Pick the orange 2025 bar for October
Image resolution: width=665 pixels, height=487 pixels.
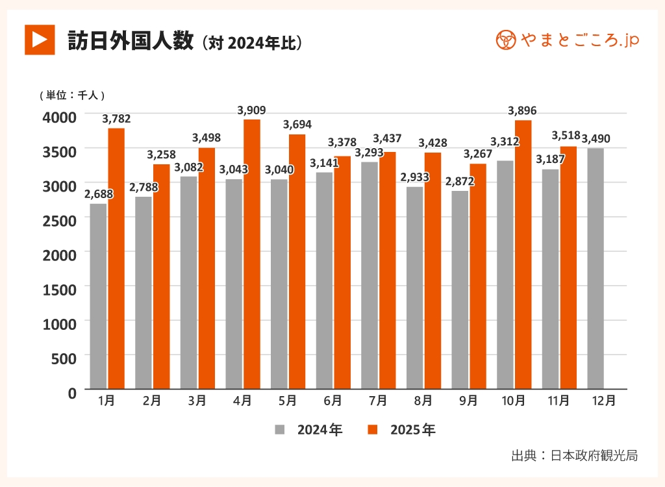(x=523, y=255)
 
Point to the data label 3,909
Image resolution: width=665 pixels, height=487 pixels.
(x=252, y=110)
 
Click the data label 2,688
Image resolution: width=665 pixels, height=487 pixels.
(x=98, y=194)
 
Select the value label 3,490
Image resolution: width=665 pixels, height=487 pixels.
(x=596, y=139)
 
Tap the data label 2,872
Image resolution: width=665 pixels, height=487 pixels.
(x=460, y=181)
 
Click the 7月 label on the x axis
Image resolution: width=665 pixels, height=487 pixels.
(x=377, y=401)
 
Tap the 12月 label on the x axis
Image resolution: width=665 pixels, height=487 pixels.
(x=604, y=401)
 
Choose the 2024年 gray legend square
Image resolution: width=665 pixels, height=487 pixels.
(x=280, y=430)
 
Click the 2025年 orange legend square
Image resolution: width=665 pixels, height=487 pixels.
(x=372, y=430)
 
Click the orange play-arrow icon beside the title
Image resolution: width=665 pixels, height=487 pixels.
(x=40, y=40)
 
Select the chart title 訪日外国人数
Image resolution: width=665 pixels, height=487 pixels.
(x=131, y=41)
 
